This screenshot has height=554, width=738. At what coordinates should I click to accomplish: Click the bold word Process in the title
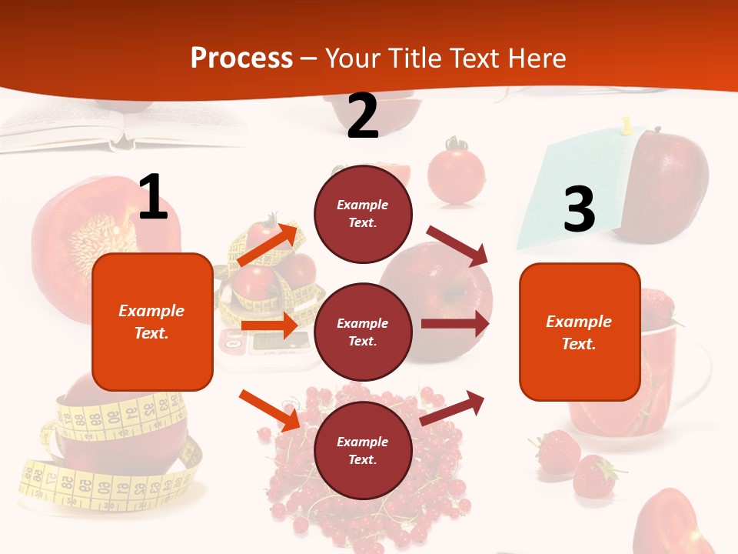coord(241,58)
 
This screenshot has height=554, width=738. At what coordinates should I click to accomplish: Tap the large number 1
coord(153,198)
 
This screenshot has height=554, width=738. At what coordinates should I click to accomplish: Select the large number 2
coord(363,116)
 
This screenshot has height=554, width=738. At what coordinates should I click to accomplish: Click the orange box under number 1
coord(152,322)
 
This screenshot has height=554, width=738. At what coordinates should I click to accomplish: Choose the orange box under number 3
coord(580,332)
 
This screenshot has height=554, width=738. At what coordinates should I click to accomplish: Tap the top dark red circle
coord(363,214)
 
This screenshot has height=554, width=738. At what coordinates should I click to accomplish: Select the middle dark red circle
coord(363,332)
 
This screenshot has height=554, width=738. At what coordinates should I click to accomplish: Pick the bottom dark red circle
coord(363,450)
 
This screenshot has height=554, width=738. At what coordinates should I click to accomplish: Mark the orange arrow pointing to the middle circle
coord(269,325)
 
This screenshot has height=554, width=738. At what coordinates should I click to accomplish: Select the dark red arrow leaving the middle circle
coord(455,324)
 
